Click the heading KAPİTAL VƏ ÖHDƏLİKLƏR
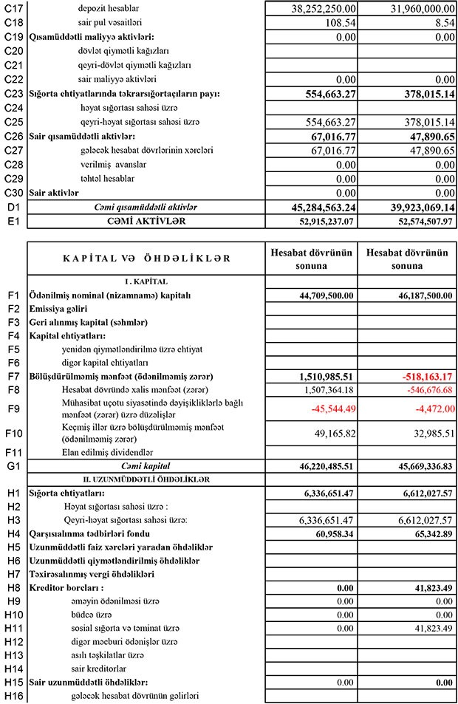coord(146,259)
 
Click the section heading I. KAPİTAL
coord(145,281)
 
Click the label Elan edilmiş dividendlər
coord(110,452)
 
